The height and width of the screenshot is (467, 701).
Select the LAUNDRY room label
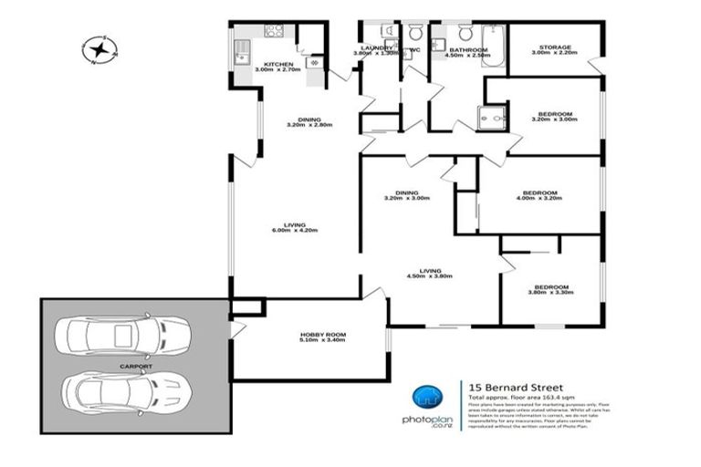click(376, 47)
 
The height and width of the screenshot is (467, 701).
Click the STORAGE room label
click(554, 47)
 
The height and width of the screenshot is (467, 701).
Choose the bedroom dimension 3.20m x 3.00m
click(553, 119)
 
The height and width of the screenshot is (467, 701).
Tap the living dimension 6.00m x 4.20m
click(294, 231)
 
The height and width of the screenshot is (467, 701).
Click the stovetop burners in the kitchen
click(275, 32)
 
